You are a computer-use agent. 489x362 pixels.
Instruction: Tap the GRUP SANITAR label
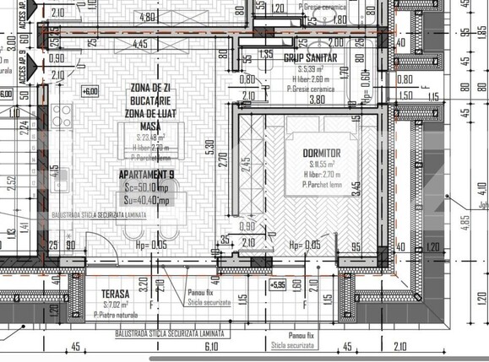point(310,57)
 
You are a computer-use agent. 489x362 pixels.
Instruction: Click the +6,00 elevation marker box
point(89,91)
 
